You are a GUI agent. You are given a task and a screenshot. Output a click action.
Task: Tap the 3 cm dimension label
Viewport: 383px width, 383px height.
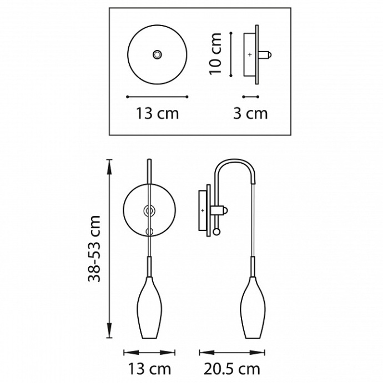250,113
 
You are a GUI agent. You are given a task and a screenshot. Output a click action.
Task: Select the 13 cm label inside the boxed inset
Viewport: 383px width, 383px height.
158,113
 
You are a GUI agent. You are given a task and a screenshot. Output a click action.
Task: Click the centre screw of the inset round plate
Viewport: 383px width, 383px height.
158,54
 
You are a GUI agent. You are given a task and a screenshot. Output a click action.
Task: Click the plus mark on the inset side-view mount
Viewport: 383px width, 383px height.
249,55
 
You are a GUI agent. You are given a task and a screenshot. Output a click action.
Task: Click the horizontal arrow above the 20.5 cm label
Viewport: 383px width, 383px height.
233,352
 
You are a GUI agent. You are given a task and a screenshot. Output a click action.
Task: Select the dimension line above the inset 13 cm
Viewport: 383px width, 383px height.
158,97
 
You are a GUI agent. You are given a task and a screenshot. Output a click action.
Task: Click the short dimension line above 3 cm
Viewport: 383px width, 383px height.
251,97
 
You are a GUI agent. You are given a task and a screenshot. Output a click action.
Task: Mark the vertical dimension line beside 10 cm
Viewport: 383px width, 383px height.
230,53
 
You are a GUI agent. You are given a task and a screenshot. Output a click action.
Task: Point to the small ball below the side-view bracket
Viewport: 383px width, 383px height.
217,230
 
